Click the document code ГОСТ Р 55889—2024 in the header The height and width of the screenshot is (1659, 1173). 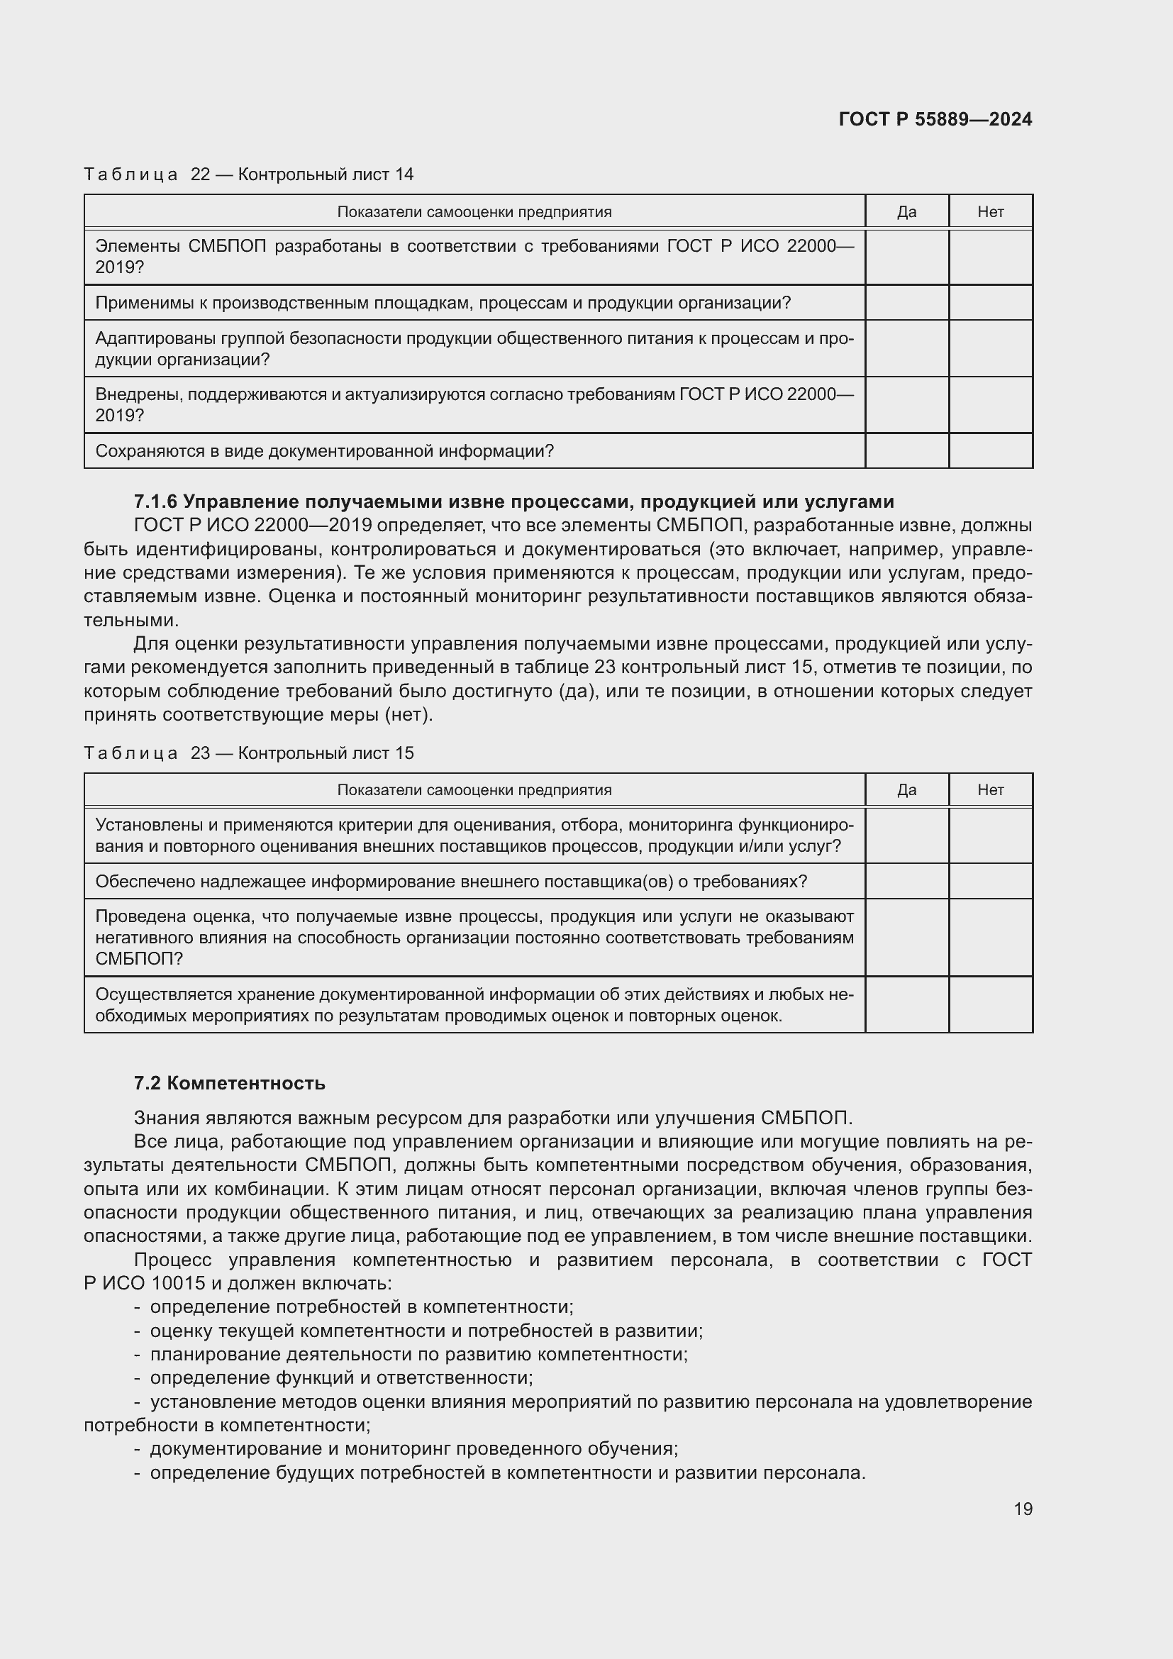935,119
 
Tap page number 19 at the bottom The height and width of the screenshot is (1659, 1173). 1023,1509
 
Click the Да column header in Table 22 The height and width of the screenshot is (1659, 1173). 906,211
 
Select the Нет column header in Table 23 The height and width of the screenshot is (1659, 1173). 990,789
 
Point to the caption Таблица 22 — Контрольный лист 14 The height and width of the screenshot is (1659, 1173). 248,174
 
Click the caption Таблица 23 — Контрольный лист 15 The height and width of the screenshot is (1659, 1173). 248,753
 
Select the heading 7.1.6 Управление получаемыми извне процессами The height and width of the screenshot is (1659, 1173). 513,501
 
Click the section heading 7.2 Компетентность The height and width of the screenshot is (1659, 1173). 230,1083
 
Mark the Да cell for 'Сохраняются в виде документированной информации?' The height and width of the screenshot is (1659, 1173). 906,451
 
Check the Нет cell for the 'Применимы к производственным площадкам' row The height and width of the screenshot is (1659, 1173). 990,303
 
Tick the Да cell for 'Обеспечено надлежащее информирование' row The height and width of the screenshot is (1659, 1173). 906,882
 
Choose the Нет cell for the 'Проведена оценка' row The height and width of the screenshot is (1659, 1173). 990,937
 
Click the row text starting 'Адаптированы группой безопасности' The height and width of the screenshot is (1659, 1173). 474,348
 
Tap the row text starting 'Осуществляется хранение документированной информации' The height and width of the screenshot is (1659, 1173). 474,1005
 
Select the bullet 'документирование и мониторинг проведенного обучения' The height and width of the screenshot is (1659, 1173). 413,1449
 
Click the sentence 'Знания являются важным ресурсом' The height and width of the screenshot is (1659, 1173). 493,1118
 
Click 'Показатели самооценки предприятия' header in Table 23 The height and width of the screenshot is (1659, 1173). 474,789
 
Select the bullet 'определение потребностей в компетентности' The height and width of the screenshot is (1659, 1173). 361,1306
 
